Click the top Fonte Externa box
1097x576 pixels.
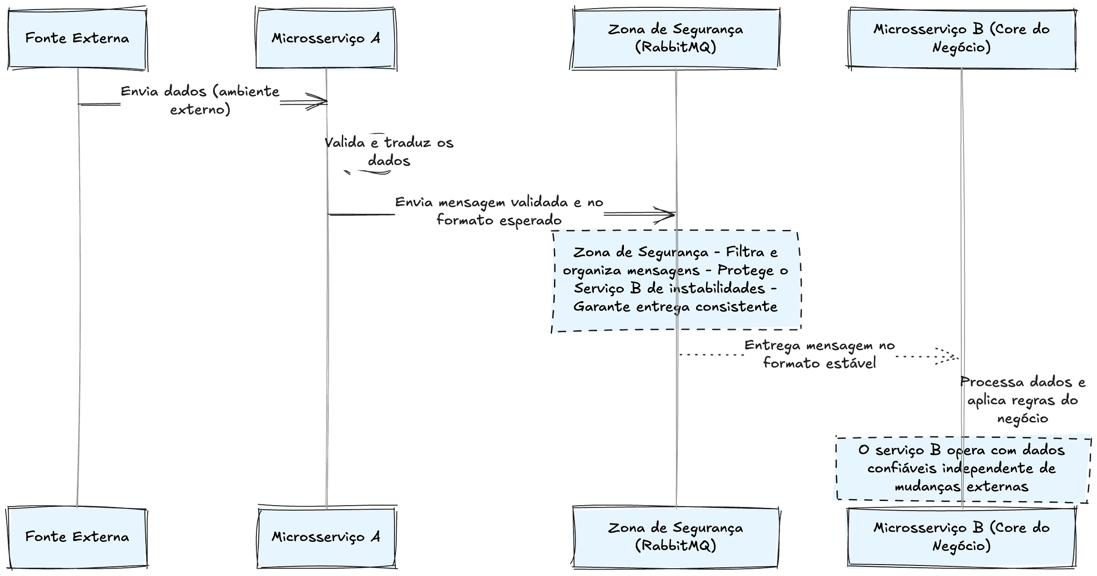coord(77,38)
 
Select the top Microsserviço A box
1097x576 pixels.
coord(325,38)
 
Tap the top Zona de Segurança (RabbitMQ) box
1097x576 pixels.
coord(676,38)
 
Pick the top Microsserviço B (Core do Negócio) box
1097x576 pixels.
coord(962,38)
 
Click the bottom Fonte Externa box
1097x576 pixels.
coord(77,537)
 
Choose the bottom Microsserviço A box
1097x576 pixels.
coord(325,537)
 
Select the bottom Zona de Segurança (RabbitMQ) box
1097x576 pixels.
coord(676,537)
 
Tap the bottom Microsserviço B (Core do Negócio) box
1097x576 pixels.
coord(962,537)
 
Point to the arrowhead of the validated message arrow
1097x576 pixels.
coord(668,214)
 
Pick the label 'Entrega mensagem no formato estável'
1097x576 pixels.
coord(819,354)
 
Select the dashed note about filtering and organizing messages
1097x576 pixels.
coord(676,280)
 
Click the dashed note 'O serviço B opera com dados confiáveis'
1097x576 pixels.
coord(962,469)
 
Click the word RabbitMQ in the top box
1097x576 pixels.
coord(676,48)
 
